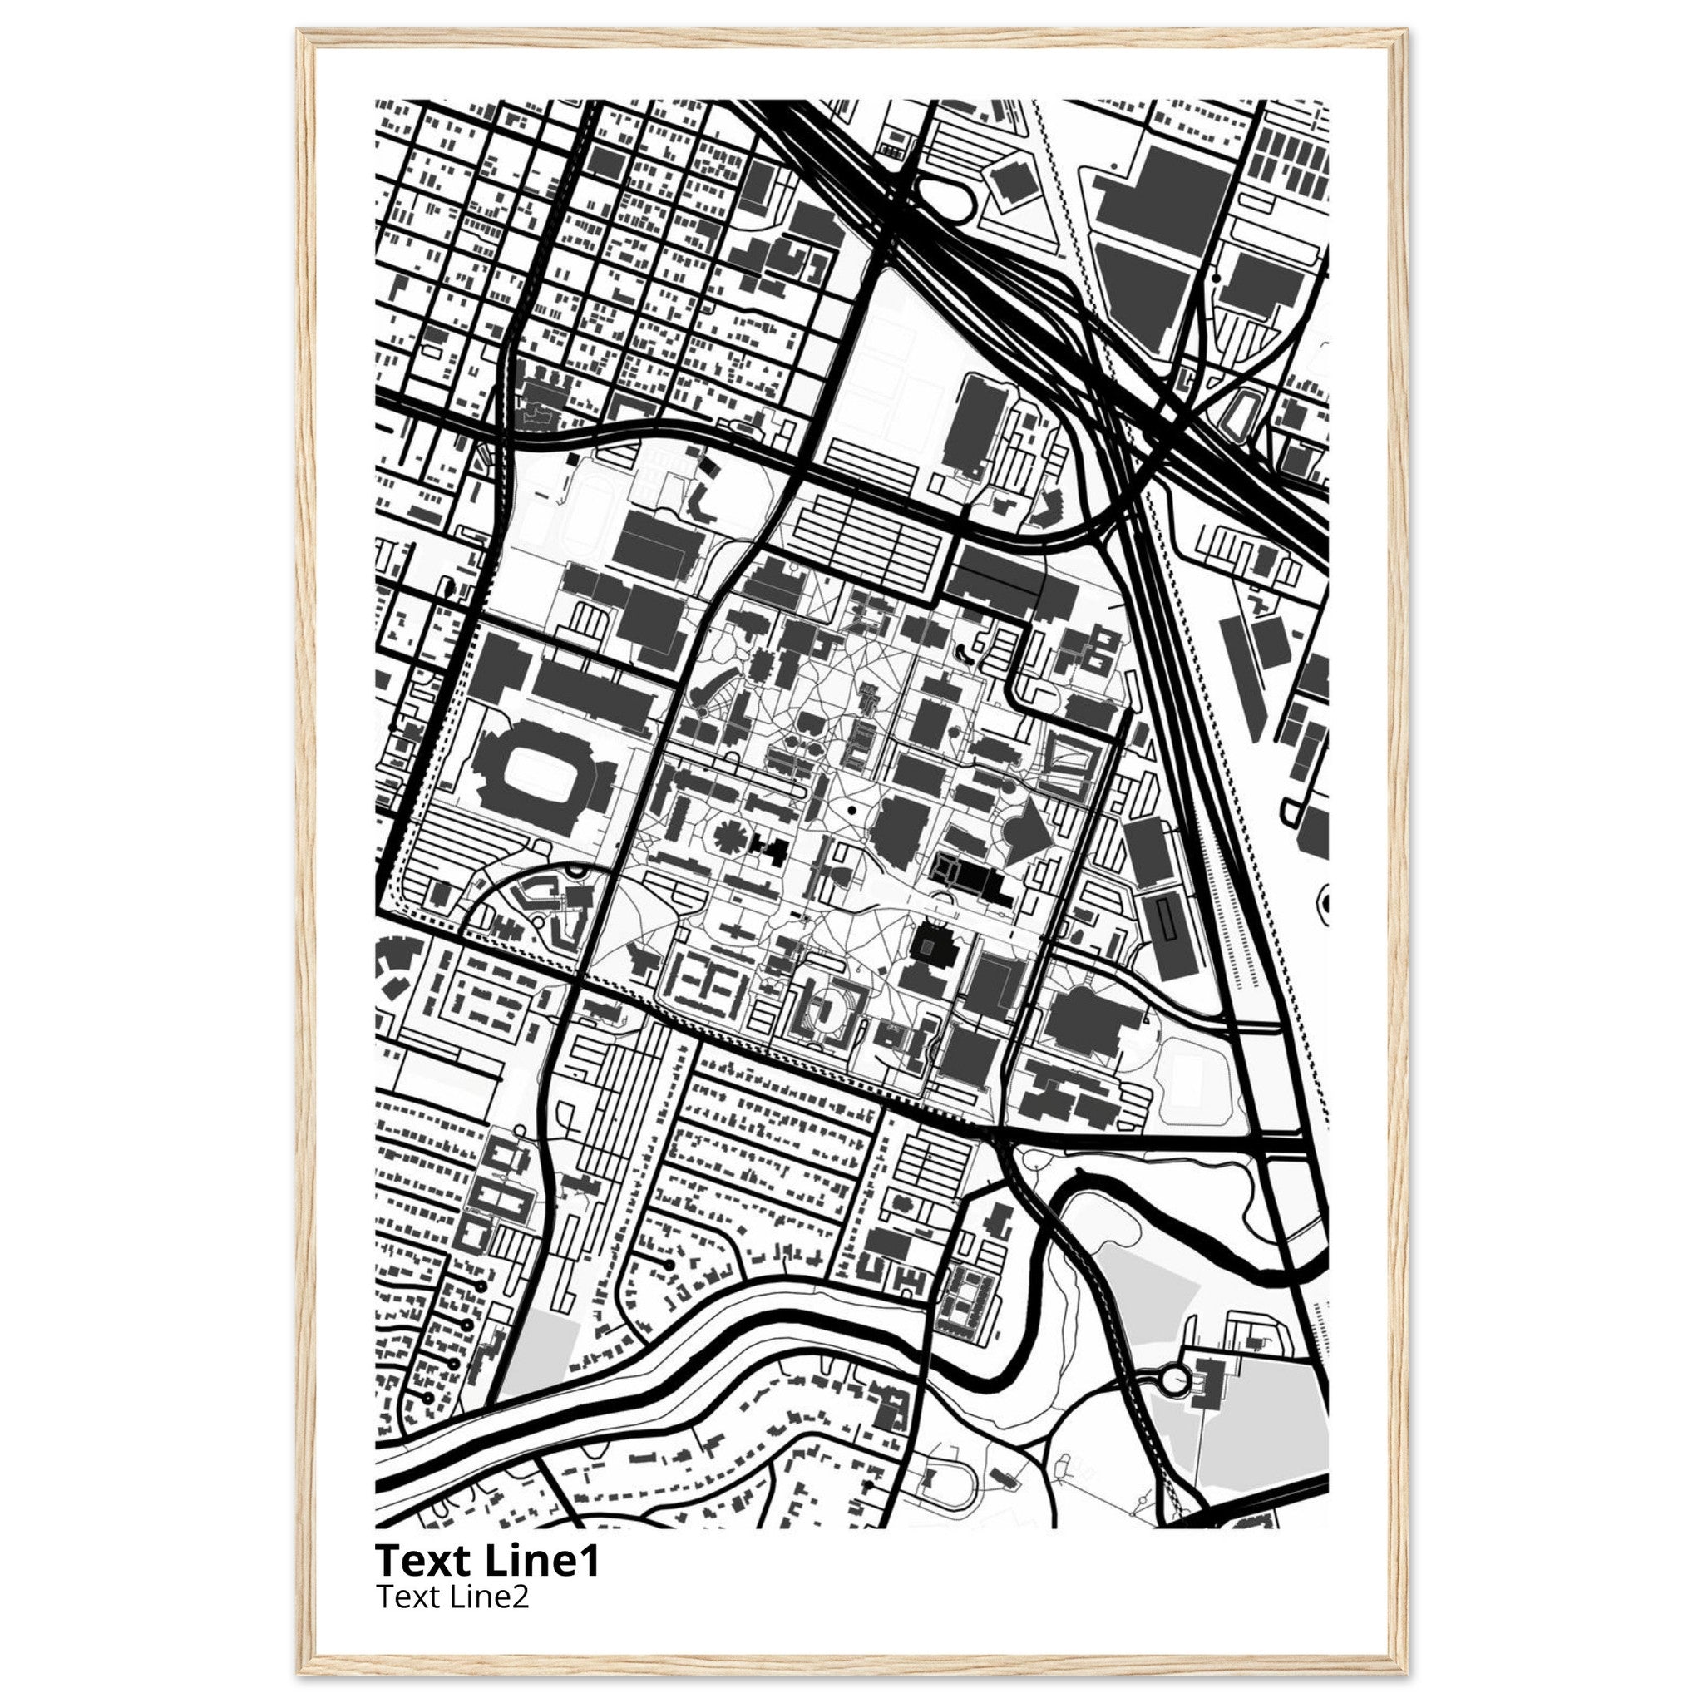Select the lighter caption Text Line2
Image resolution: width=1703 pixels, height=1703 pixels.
(x=452, y=1597)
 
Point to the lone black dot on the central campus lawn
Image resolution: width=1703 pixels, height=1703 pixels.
(x=852, y=807)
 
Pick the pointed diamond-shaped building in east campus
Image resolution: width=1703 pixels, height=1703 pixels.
(x=1029, y=833)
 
